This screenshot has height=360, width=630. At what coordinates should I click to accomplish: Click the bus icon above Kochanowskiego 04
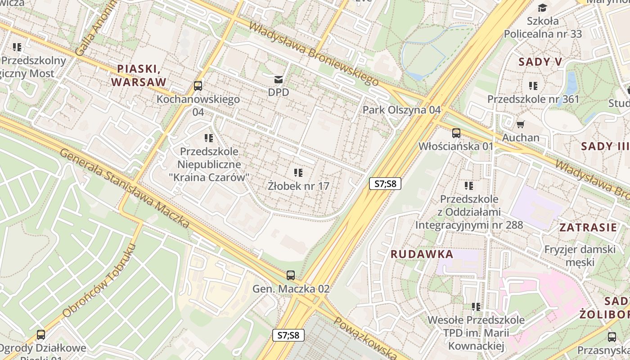click(x=198, y=85)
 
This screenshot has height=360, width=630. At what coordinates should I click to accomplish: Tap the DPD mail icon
click(x=279, y=80)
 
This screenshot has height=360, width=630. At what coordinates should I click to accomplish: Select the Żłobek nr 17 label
click(x=298, y=185)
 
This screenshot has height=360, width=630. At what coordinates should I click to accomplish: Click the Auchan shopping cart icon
click(x=521, y=125)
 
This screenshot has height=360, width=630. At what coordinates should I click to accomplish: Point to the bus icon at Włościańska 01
click(x=456, y=133)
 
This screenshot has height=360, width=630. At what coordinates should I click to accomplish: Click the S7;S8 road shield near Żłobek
click(x=385, y=184)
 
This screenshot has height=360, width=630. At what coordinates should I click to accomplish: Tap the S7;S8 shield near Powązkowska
click(x=288, y=335)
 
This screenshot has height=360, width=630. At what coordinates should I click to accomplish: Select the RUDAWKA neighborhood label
click(x=422, y=254)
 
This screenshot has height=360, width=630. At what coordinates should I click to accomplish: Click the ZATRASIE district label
click(x=588, y=227)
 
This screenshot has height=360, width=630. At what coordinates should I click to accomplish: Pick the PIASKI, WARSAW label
click(x=139, y=75)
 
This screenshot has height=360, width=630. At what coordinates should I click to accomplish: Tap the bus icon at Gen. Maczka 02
click(x=291, y=275)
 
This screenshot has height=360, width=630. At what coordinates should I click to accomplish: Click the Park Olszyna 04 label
click(x=401, y=110)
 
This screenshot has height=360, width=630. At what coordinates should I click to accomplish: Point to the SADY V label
click(x=540, y=62)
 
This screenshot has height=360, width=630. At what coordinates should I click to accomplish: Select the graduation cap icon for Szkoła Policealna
click(x=542, y=8)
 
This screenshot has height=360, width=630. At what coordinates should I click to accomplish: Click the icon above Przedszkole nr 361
click(x=533, y=85)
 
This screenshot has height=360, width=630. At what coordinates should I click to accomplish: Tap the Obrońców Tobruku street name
click(x=99, y=281)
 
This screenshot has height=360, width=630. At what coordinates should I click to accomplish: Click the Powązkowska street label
click(x=364, y=337)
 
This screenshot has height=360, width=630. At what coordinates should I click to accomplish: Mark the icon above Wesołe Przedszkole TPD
click(x=476, y=307)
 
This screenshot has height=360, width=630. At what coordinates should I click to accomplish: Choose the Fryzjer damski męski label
click(x=580, y=256)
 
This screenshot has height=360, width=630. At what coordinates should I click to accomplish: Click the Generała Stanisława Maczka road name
click(x=125, y=188)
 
